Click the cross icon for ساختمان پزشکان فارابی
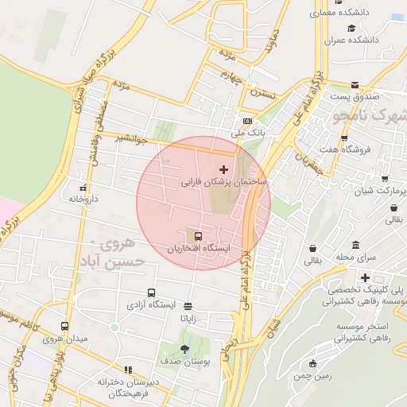[x=223, y=169]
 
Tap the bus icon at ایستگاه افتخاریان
[x=198, y=235]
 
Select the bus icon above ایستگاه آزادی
[x=152, y=293]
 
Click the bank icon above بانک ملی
[x=247, y=121]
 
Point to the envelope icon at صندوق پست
[x=354, y=84]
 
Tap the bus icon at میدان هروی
[x=64, y=326]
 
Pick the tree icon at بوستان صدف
[x=185, y=348]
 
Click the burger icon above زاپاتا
[x=188, y=305]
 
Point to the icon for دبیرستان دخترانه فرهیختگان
[x=126, y=370]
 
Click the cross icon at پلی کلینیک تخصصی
[x=365, y=277]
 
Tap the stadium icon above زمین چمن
[x=312, y=364]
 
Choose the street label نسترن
[x=262, y=94]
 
